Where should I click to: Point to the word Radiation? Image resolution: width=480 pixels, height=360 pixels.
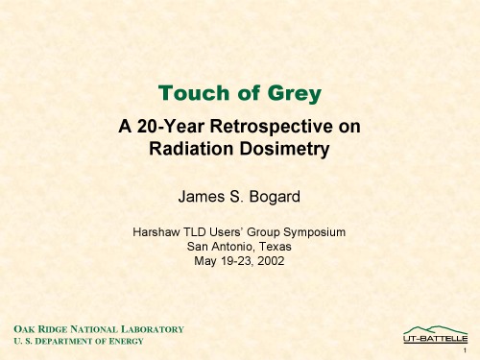[x=188, y=149]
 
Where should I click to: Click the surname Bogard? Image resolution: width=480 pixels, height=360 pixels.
[x=274, y=197]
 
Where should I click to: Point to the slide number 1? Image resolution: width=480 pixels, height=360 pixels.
[x=464, y=352]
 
